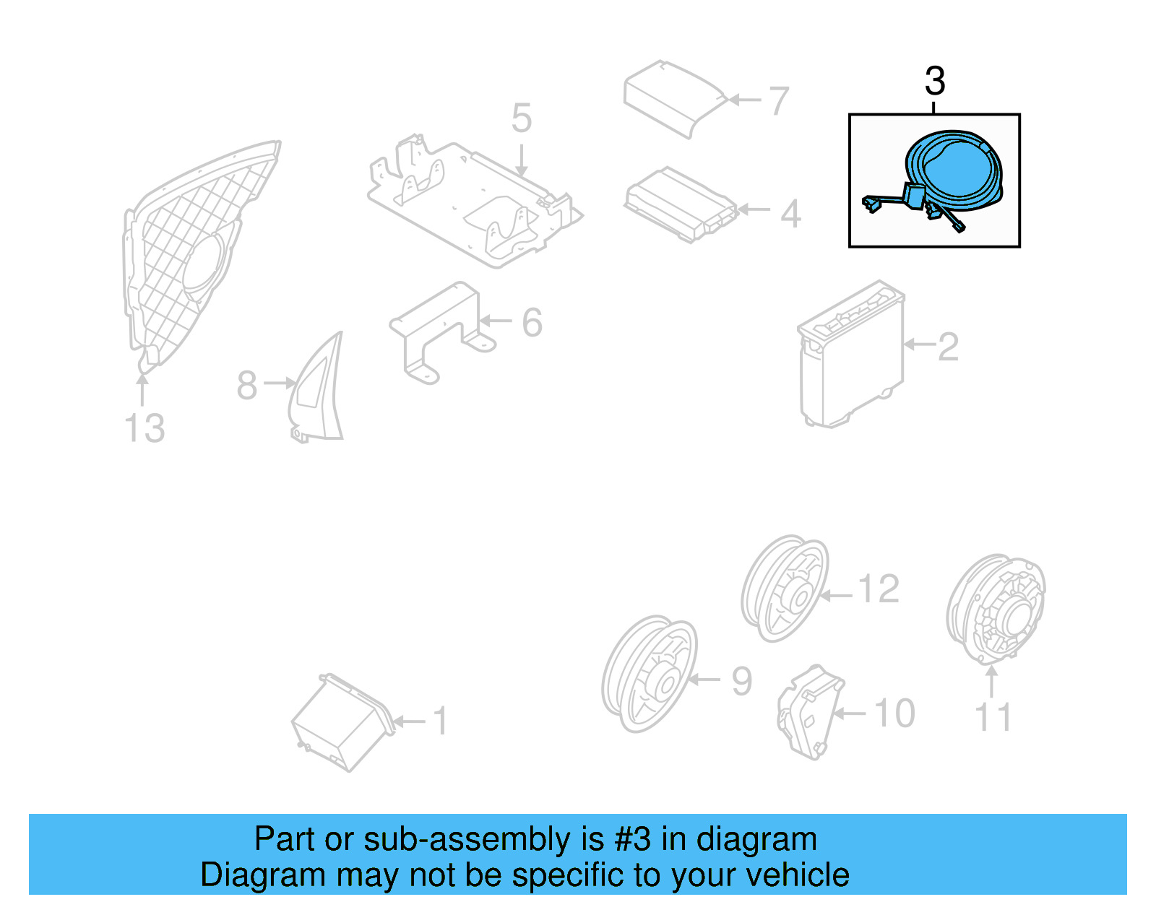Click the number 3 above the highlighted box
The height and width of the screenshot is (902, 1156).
(935, 81)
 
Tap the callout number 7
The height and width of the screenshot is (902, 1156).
(779, 101)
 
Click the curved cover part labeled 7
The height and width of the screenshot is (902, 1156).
(672, 97)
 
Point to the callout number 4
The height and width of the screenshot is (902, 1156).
(791, 214)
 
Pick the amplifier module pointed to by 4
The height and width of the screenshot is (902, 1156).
(679, 204)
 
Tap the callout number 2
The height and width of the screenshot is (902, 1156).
(948, 347)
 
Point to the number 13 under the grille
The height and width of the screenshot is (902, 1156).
(144, 428)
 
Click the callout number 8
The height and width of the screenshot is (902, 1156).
(247, 385)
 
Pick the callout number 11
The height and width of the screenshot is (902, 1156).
(993, 717)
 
